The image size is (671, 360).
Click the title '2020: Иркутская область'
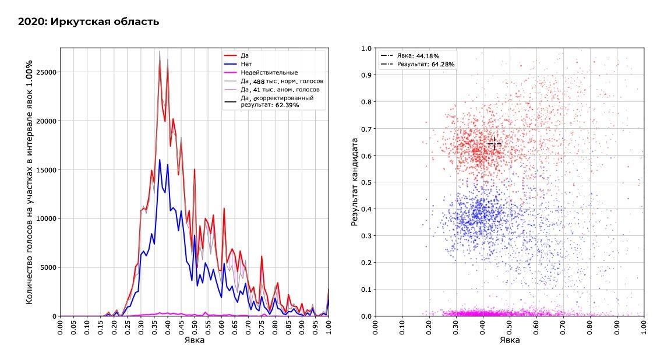pos(89,22)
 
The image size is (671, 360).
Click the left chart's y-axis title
pos(30,182)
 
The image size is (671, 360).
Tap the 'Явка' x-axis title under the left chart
pos(194,340)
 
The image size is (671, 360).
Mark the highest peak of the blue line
pos(160,160)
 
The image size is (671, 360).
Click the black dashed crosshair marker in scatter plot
pos(494,144)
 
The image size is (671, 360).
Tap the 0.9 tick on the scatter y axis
pos(366,75)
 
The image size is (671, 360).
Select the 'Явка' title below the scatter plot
pos(510,340)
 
